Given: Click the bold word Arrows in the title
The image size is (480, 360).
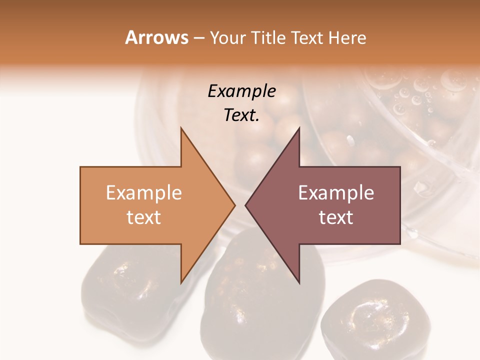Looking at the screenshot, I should tap(156, 37).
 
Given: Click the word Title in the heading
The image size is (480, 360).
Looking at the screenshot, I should tap(268, 38).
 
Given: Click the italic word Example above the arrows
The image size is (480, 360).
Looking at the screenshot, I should tap(241, 91).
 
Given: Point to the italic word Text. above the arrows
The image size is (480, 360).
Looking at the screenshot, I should tap(241, 115).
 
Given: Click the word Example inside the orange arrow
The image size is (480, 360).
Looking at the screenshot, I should tap(144, 193).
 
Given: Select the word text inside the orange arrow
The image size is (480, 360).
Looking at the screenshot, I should tap(144, 217).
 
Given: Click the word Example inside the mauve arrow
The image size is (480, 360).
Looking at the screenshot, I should tap(336, 193).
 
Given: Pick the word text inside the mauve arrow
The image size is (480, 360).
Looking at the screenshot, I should tap(336, 217).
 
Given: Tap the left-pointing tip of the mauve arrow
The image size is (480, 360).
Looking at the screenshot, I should tap(247, 205).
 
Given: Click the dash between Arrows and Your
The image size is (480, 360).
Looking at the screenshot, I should tap(198, 38).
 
